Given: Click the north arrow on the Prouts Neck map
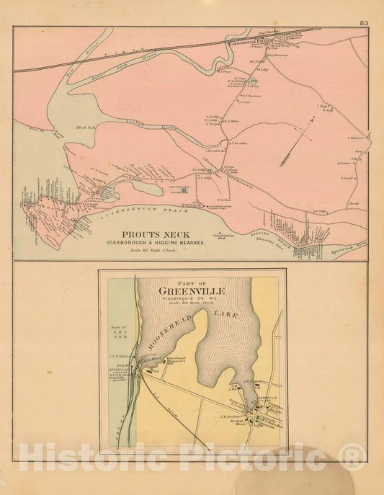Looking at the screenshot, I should pos(298,142).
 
